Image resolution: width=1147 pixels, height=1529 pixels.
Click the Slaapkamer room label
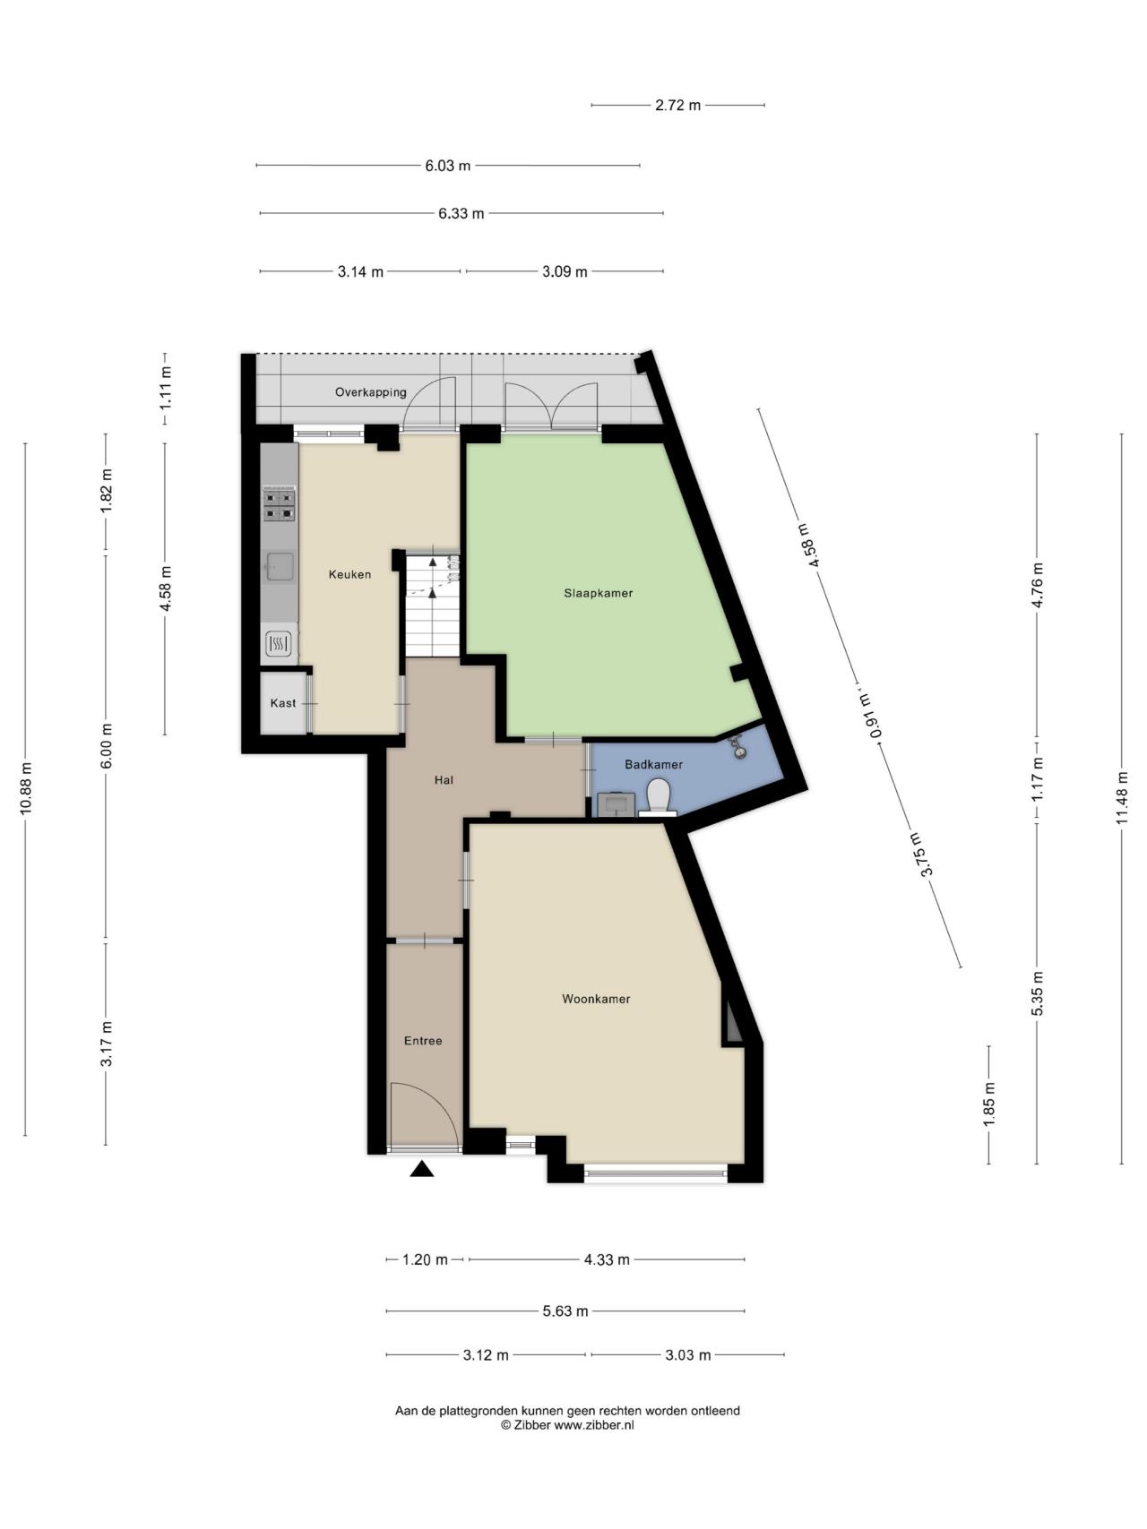click(598, 593)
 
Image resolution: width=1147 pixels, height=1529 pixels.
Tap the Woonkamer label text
click(596, 999)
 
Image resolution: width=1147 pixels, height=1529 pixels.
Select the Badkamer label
click(653, 765)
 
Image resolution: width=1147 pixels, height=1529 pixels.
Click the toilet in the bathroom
click(659, 796)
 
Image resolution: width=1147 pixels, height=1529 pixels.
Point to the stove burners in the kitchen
click(279, 504)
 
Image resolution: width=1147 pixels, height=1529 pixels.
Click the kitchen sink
click(280, 566)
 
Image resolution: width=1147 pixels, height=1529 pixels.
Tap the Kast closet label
click(283, 703)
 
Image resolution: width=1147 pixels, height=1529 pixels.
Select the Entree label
click(423, 1041)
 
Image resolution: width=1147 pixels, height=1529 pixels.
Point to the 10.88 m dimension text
click(25, 787)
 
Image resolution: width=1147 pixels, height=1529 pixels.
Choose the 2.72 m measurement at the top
click(677, 105)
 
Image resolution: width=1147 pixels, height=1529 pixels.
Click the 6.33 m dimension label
click(461, 213)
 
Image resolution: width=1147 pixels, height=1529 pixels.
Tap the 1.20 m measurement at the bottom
click(425, 1259)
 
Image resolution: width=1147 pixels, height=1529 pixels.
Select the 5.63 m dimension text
click(565, 1311)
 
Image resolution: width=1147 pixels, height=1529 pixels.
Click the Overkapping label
click(371, 392)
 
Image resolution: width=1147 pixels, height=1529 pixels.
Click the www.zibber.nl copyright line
click(567, 1425)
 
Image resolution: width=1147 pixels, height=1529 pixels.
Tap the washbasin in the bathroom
click(616, 803)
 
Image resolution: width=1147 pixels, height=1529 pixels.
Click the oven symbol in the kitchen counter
click(279, 643)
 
